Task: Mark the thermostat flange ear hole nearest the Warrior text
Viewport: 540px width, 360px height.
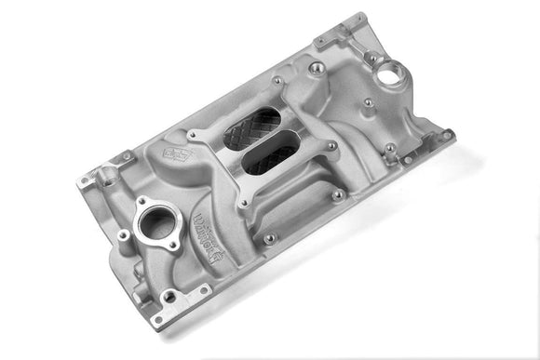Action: pos(173,246)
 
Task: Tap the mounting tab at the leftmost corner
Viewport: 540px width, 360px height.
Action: pos(90,177)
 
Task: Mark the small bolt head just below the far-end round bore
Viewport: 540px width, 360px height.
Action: pos(369,102)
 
